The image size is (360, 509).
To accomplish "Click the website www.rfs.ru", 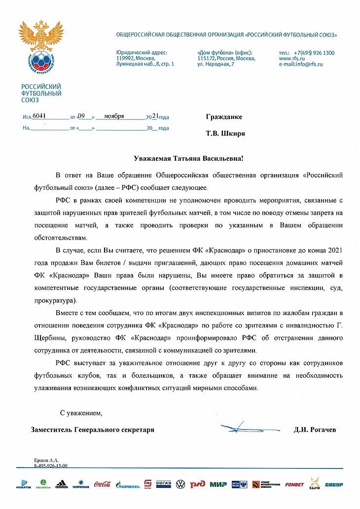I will tap(292, 59).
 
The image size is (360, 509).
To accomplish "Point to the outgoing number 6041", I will tap(39, 116).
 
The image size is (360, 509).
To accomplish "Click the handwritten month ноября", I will tap(114, 116).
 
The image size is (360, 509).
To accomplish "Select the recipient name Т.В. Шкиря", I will tap(225, 133).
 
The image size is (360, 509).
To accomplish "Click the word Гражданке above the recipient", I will tap(223, 117).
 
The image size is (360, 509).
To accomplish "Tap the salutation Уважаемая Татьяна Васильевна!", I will tap(189, 158).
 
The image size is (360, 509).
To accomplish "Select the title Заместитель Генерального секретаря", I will tap(92, 430).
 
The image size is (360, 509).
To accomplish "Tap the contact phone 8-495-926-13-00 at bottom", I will tap(51, 465).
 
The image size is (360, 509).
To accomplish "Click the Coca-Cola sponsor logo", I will tap(103, 484).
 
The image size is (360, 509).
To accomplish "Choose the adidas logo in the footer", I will tap(62, 484).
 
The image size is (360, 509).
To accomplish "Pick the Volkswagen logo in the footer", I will tap(180, 484).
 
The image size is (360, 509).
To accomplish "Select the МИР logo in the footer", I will tap(218, 484).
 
